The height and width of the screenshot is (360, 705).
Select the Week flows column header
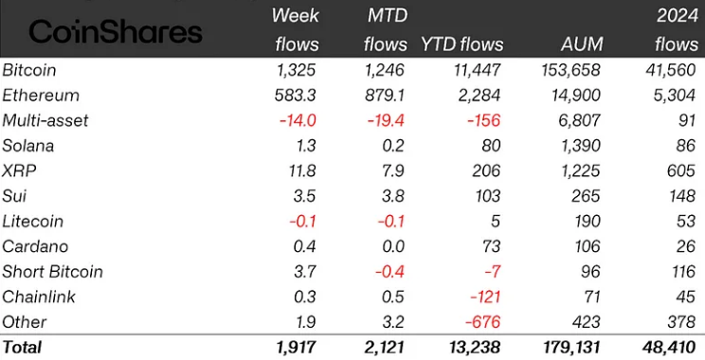click(x=296, y=28)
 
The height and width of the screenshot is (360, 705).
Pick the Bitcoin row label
click(x=30, y=70)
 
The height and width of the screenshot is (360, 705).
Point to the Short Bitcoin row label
click(x=52, y=271)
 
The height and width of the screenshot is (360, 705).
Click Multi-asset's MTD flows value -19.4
click(x=386, y=120)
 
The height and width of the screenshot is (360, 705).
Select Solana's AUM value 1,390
click(x=578, y=146)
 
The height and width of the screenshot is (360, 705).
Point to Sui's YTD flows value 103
click(x=485, y=196)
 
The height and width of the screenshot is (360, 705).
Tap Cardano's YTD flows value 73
click(x=489, y=246)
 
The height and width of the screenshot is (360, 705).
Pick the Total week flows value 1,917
click(x=298, y=348)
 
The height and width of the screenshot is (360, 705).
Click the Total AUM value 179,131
click(x=567, y=348)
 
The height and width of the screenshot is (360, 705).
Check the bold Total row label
click(x=23, y=348)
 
